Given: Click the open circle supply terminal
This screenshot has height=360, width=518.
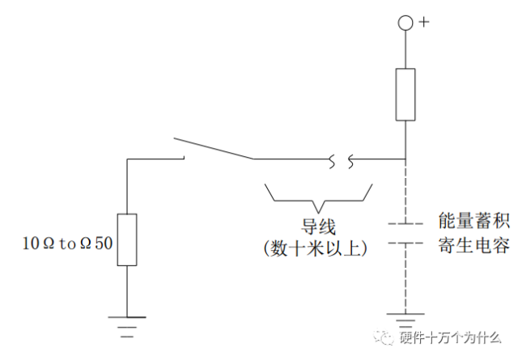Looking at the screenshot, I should click(405, 23).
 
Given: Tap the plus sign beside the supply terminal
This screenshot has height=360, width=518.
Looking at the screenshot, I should click(422, 22).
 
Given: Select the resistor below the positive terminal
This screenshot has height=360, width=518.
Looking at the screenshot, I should click(405, 95).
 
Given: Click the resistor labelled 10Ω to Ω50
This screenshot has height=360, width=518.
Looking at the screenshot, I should click(127, 240).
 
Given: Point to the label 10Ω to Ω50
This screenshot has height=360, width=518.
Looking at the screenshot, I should click(68, 241).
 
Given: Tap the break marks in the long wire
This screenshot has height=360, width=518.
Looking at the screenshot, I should click(339, 159).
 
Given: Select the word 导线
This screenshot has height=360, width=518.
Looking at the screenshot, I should click(317, 227).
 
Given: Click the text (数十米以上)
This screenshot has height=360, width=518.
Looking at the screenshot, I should click(317, 249).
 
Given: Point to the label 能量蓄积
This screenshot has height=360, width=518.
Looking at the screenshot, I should click(473, 220).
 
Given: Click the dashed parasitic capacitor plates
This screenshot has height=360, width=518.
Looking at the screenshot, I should click(405, 232).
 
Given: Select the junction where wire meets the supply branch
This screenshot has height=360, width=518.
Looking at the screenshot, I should click(405, 159).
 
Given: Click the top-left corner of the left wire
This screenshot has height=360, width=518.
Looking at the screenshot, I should click(128, 159).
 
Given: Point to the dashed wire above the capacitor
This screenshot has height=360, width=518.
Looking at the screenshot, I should click(405, 191).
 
